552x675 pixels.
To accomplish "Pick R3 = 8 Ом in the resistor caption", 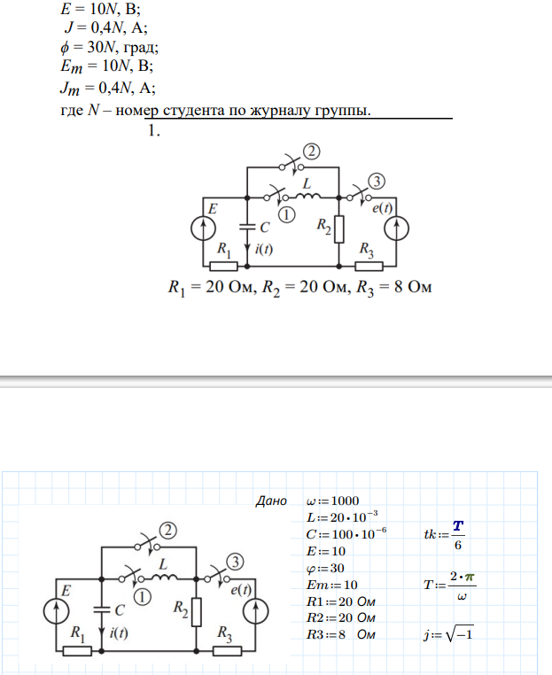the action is [x=392, y=289].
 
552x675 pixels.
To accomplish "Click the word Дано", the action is [x=271, y=500].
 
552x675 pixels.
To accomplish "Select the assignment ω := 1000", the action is [x=333, y=500].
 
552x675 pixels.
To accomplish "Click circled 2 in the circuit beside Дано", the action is [x=167, y=531].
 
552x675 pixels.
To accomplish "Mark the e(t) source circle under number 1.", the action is [x=396, y=227].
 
